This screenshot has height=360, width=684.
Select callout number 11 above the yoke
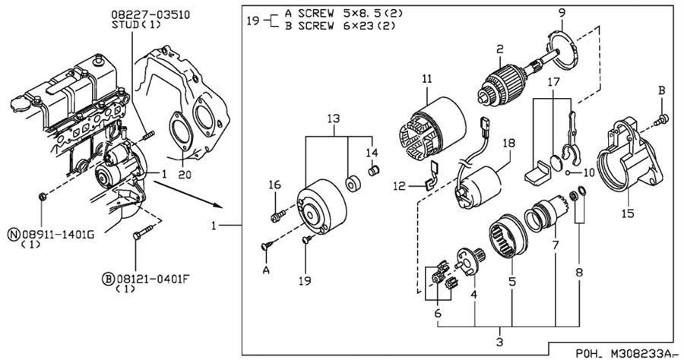pyautogui.click(x=427, y=78)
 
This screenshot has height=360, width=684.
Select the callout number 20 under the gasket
pyautogui.click(x=182, y=174)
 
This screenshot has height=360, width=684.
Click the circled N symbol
pyautogui.click(x=13, y=235)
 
